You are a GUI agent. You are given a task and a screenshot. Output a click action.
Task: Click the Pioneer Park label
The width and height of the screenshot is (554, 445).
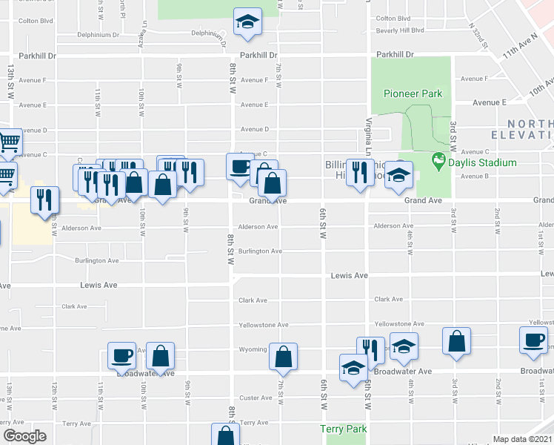[x=413, y=93]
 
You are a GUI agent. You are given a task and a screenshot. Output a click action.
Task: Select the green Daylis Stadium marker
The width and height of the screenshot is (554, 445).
[x=438, y=159]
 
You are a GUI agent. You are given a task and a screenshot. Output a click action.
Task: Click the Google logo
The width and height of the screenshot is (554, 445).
[x=24, y=436]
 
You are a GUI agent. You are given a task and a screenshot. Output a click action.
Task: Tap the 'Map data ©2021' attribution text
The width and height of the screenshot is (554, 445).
[x=521, y=439]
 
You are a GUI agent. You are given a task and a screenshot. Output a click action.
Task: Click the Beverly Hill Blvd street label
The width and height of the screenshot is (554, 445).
[x=399, y=30]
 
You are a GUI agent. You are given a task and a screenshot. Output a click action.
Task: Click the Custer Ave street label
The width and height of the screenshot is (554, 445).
[x=256, y=398]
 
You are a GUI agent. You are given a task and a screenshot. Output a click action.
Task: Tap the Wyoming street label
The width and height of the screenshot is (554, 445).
[x=253, y=349]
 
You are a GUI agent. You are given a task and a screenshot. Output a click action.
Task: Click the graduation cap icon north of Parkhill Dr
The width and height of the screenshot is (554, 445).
[x=248, y=22]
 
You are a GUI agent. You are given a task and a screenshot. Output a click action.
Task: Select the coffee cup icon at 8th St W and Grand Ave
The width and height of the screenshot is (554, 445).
[x=239, y=167]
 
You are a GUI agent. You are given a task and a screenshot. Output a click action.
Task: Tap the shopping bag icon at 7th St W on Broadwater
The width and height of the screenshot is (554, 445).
[x=283, y=357]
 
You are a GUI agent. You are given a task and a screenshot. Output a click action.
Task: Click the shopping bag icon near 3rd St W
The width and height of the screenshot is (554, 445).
[x=456, y=342]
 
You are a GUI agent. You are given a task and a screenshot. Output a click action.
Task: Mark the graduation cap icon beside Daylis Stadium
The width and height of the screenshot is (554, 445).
[x=399, y=176]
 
